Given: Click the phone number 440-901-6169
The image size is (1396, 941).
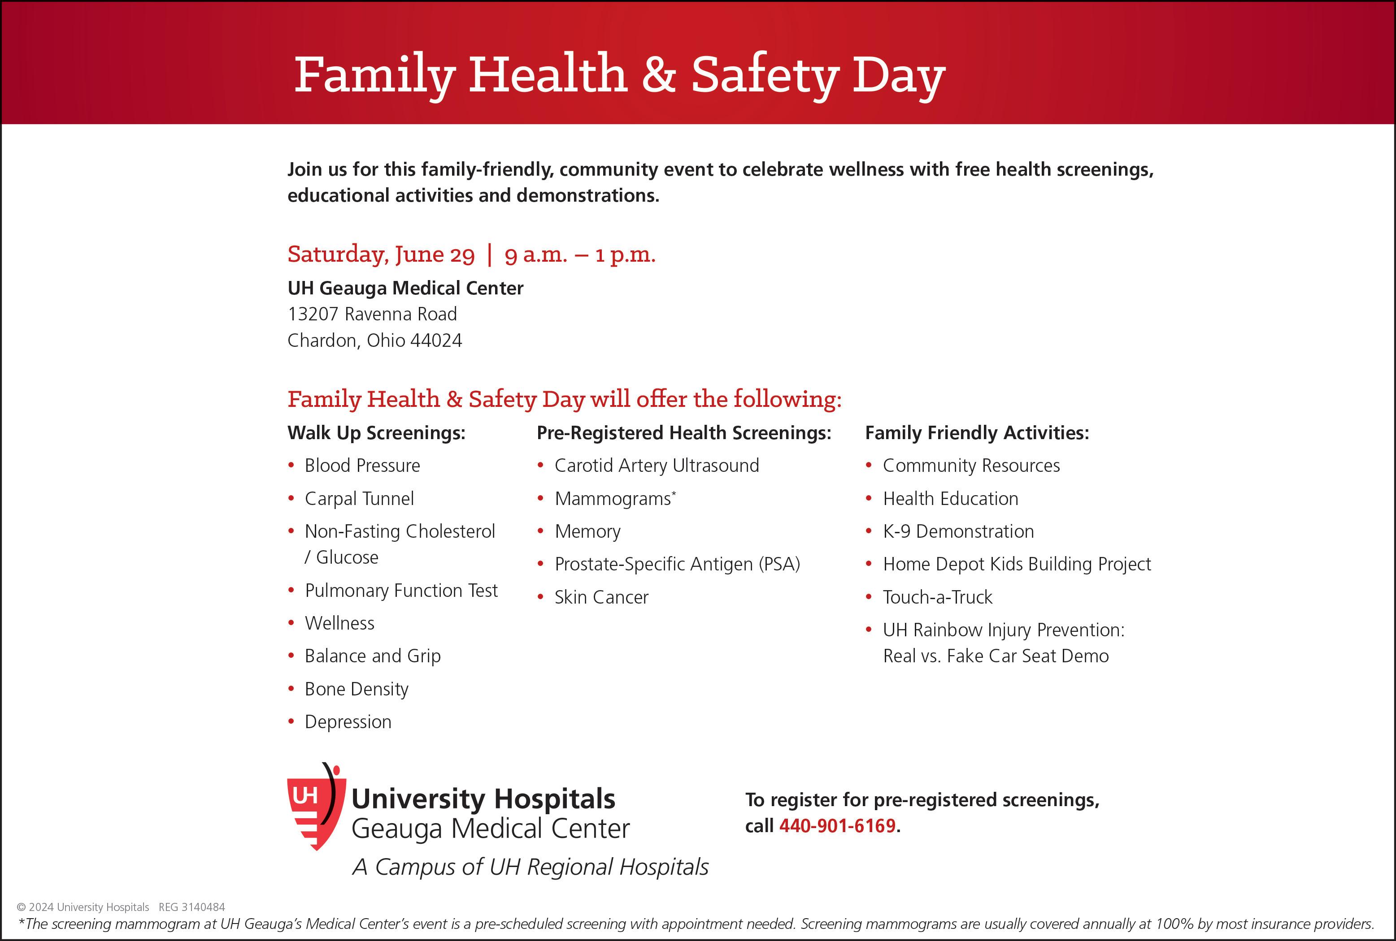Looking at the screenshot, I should pyautogui.click(x=837, y=826).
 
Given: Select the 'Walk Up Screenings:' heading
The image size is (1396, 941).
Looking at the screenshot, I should pyautogui.click(x=377, y=433).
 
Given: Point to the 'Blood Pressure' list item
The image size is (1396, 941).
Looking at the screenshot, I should pyautogui.click(x=362, y=466).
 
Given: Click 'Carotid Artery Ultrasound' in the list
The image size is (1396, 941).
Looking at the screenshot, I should pyautogui.click(x=656, y=466).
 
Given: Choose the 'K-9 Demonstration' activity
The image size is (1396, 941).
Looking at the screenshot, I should pyautogui.click(x=958, y=531).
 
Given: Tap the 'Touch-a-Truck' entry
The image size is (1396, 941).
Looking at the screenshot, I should pyautogui.click(x=937, y=597).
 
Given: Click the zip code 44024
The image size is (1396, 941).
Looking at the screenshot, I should pyautogui.click(x=436, y=340).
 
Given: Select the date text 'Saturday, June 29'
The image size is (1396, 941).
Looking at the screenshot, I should pyautogui.click(x=381, y=255).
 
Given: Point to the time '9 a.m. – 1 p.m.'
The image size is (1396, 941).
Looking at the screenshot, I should pyautogui.click(x=579, y=255).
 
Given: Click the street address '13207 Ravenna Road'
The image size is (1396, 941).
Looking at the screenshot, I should pyautogui.click(x=372, y=314).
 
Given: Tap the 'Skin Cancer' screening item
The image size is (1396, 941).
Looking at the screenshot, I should pyautogui.click(x=601, y=597).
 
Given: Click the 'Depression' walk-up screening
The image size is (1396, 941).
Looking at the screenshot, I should pyautogui.click(x=348, y=721).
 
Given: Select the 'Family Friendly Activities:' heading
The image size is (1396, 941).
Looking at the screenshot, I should pyautogui.click(x=976, y=433).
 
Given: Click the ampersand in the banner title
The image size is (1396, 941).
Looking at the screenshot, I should pyautogui.click(x=659, y=74).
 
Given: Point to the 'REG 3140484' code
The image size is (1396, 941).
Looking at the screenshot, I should pyautogui.click(x=191, y=907).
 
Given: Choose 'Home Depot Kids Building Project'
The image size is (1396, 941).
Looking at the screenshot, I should pyautogui.click(x=1017, y=564).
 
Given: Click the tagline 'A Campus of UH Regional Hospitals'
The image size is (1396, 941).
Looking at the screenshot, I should pyautogui.click(x=530, y=867).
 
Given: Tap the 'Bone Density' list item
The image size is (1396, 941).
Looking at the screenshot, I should pyautogui.click(x=356, y=689).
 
